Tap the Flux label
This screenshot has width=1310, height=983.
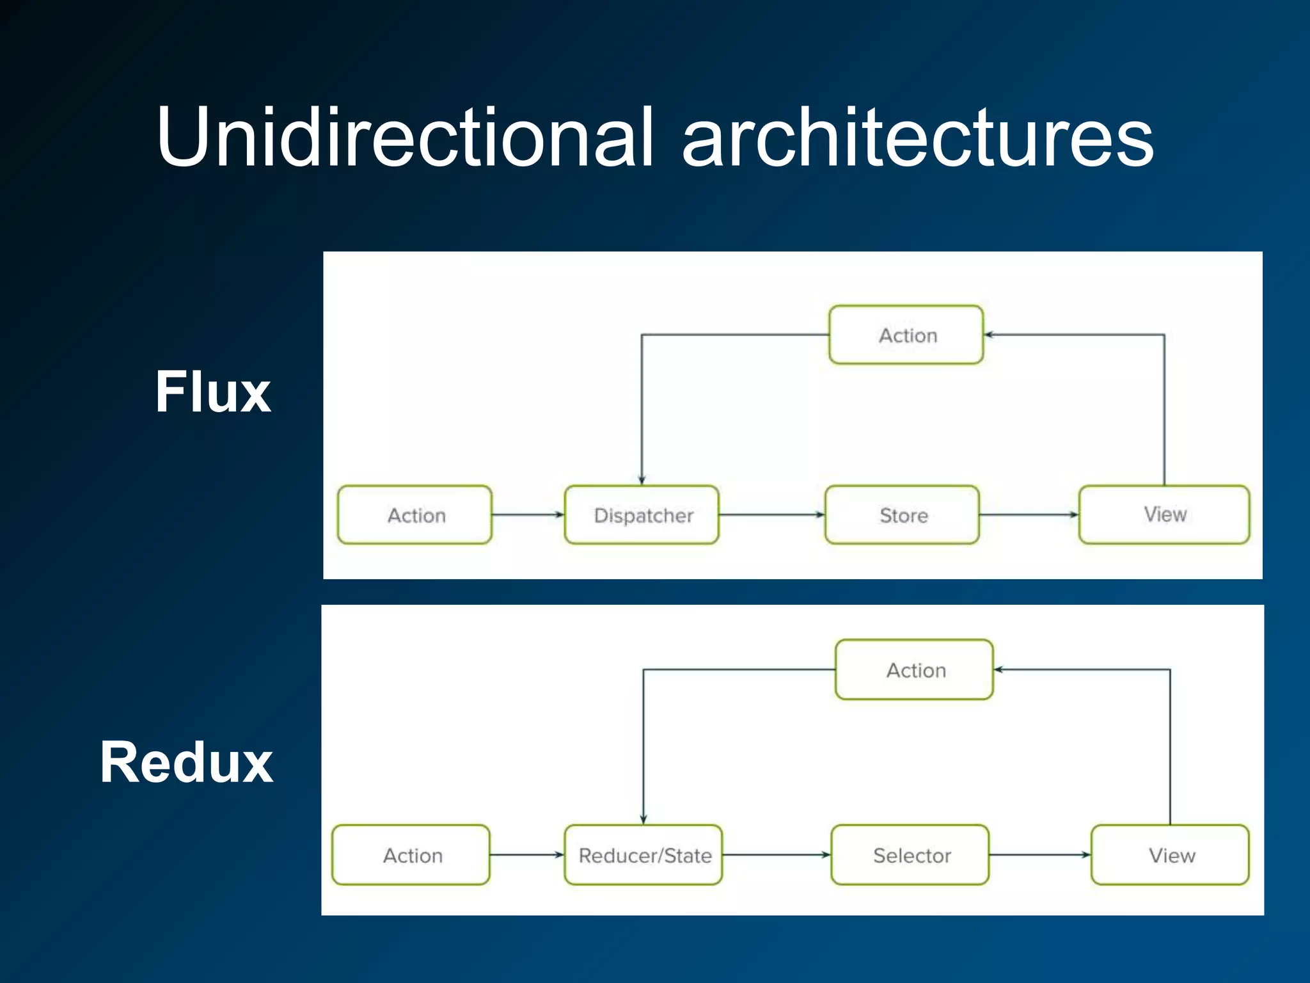[213, 392]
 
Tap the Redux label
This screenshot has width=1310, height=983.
[186, 762]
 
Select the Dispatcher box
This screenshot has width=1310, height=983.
[642, 515]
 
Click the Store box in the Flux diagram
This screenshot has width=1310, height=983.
[902, 515]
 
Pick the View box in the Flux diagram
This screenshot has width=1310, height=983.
[1164, 515]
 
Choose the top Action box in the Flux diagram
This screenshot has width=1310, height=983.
[906, 335]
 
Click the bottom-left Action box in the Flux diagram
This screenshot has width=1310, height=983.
[414, 515]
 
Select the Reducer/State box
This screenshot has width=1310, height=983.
[643, 855]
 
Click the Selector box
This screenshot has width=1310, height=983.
[910, 855]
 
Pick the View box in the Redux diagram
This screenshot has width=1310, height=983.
[1170, 855]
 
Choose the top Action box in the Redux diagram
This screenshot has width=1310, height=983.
[914, 669]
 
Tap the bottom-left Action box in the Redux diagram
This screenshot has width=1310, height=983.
[411, 855]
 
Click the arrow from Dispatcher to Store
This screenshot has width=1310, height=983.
[771, 515]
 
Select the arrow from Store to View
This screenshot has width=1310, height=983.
[1029, 515]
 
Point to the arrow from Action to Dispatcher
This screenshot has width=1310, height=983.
[528, 515]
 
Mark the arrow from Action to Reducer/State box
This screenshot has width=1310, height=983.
[526, 854]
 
